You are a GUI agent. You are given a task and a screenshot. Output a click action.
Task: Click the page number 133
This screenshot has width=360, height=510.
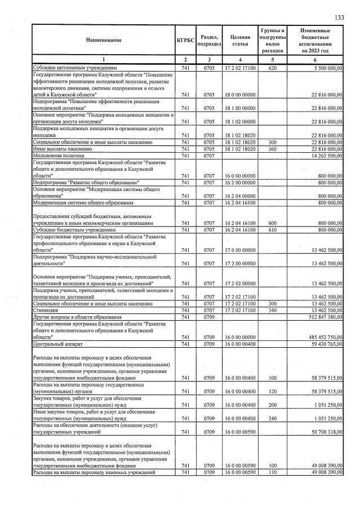[x=339, y=18]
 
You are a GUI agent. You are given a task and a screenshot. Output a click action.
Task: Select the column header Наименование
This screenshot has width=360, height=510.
[x=104, y=40]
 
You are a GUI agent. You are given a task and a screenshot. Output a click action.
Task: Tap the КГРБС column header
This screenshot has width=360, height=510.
[x=185, y=40]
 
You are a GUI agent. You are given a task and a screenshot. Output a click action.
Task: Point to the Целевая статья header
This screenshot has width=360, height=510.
[x=240, y=40]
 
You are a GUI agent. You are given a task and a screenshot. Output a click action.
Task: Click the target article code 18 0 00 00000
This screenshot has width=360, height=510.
[x=240, y=95]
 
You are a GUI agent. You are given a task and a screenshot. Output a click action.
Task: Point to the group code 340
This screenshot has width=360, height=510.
[x=273, y=311]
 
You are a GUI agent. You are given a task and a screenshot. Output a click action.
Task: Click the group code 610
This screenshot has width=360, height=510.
[x=273, y=230]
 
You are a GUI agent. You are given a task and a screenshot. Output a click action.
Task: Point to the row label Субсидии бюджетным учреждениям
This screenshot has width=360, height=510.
[x=74, y=230]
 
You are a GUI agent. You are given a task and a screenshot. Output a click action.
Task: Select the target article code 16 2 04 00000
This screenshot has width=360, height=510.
[x=240, y=196]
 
